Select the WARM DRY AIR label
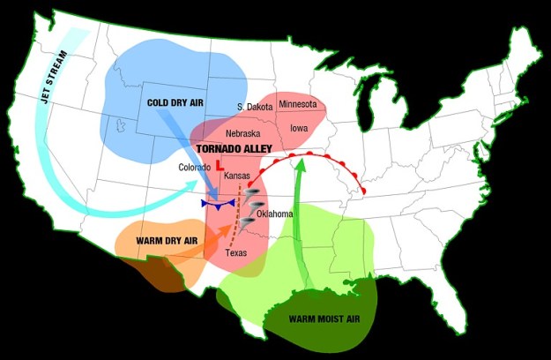tap(167, 240)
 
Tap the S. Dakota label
tap(255, 107)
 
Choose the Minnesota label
tap(297, 104)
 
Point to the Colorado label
tap(194, 168)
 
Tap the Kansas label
tap(237, 176)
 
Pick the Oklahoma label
tap(275, 214)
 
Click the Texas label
tap(236, 252)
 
